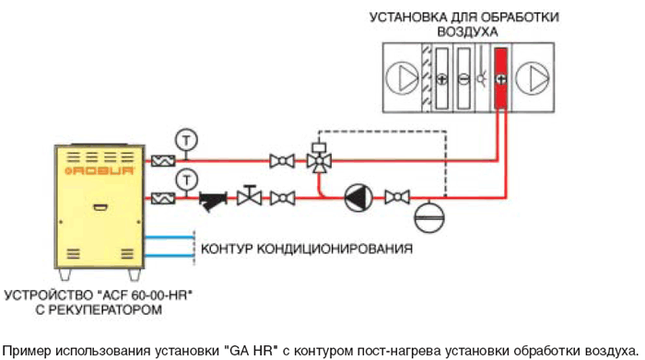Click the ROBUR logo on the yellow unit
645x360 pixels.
pyautogui.click(x=100, y=170)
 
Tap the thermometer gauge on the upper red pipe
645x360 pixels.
pyautogui.click(x=186, y=141)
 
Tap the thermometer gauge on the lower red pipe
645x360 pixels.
pyautogui.click(x=187, y=180)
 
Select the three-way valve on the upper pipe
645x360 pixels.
pyautogui.click(x=319, y=158)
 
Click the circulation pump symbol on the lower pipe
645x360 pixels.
pyautogui.click(x=358, y=198)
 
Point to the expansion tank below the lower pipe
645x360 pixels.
pyautogui.click(x=429, y=215)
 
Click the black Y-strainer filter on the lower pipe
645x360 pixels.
pyautogui.click(x=213, y=200)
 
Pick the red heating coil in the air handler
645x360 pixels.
pyautogui.click(x=500, y=78)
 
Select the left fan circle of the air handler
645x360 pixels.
pyautogui.click(x=402, y=77)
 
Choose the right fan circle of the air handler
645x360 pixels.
pyautogui.click(x=533, y=78)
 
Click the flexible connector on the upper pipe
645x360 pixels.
pyautogui.click(x=163, y=161)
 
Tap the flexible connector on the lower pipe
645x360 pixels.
pyautogui.click(x=163, y=199)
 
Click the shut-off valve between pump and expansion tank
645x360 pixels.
pyautogui.click(x=397, y=198)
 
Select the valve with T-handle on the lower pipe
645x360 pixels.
pyautogui.click(x=250, y=195)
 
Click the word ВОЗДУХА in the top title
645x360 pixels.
pyautogui.click(x=468, y=32)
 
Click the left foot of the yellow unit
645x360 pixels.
pyautogui.click(x=65, y=274)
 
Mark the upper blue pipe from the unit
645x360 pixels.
pyautogui.click(x=169, y=238)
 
